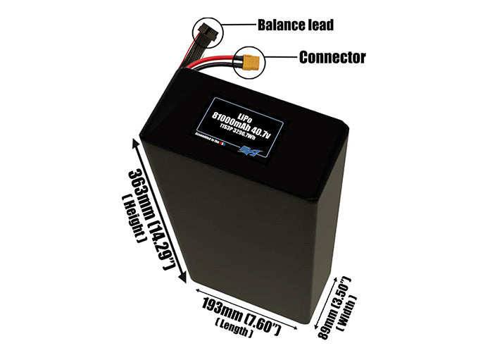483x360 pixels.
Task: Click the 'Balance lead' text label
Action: pyautogui.click(x=295, y=25)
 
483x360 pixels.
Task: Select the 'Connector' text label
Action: pyautogui.click(x=332, y=58)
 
